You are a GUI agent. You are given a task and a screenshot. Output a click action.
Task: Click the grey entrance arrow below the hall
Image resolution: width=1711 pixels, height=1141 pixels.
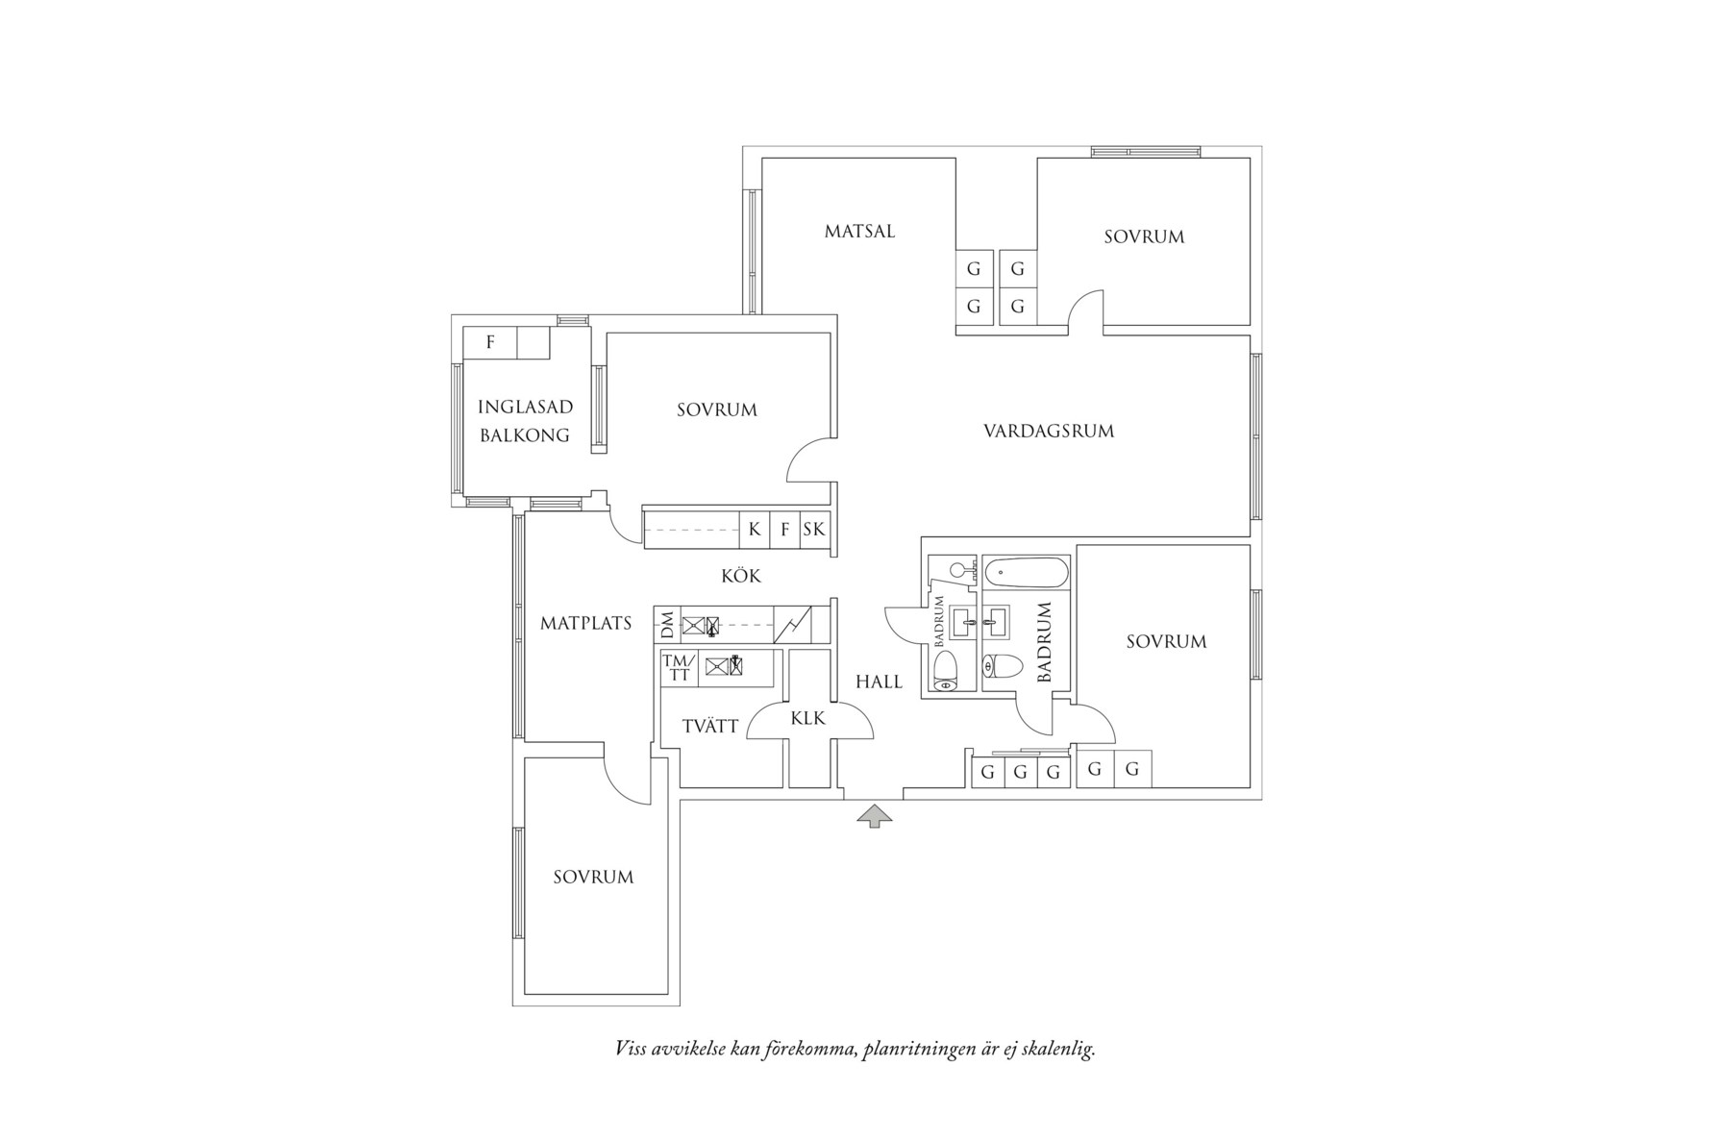coord(874,816)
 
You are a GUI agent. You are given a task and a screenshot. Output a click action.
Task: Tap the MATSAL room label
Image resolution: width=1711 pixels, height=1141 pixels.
coord(859,232)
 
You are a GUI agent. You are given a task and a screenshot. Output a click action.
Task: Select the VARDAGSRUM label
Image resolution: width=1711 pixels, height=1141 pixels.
coord(1049,431)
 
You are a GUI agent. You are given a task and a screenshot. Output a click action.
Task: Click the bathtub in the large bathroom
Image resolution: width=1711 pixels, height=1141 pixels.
coord(1027,575)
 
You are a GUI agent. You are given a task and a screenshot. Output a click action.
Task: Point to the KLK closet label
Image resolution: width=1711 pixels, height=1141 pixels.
coord(807,718)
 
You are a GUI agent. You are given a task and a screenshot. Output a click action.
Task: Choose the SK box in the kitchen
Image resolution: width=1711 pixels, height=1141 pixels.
coord(814,530)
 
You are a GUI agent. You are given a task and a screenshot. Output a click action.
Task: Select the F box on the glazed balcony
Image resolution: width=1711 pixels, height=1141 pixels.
coord(490,342)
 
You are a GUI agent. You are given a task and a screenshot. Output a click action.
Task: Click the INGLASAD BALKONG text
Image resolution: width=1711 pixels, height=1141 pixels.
coord(525,421)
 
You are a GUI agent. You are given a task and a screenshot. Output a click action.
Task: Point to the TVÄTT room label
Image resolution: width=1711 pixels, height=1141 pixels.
coord(710,727)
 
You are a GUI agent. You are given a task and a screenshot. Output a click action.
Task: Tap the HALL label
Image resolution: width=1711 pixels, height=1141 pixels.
coord(879,682)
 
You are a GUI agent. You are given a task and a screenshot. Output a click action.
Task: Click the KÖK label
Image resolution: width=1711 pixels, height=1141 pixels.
coord(741,576)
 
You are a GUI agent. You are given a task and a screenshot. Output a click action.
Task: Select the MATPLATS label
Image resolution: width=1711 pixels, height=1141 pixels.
coord(585,624)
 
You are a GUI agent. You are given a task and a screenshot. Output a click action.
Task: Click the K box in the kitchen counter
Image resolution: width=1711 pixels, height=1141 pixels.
coord(755,530)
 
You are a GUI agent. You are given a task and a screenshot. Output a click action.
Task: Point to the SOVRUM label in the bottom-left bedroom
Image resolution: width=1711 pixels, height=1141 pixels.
coord(593,877)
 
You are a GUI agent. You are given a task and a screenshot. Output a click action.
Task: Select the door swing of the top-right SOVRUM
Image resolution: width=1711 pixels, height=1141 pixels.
coord(1084,309)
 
